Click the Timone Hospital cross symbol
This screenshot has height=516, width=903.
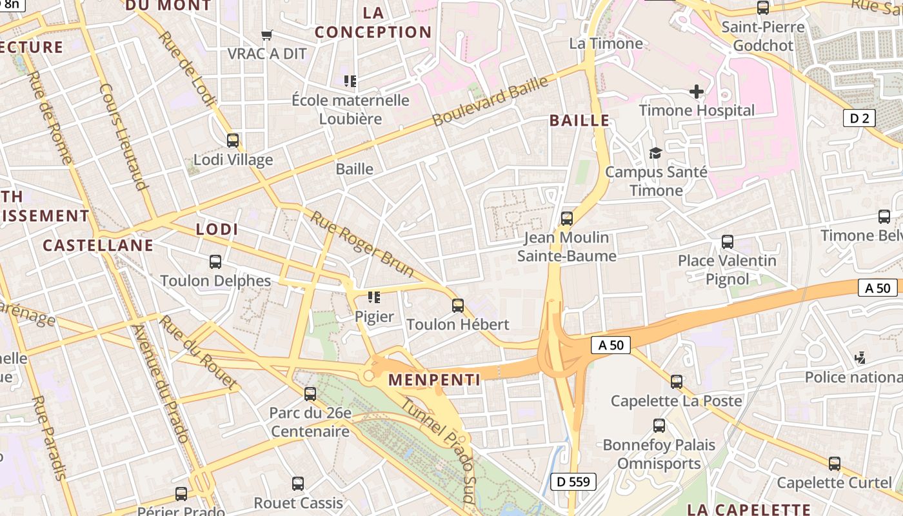click(x=697, y=92)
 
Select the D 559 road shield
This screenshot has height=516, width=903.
click(x=573, y=481)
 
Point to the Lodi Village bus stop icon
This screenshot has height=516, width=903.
click(x=233, y=140)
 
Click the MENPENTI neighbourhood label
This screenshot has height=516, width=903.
click(x=435, y=380)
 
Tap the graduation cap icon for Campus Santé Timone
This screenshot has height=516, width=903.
click(x=656, y=153)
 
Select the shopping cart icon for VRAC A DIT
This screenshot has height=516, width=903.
click(x=266, y=35)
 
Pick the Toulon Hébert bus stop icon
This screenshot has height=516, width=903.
click(x=458, y=305)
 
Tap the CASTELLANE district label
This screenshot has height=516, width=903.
click(x=98, y=245)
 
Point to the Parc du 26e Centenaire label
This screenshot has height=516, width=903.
click(x=310, y=422)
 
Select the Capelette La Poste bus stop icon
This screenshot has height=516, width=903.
click(x=677, y=381)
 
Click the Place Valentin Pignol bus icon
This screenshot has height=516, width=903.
click(x=728, y=242)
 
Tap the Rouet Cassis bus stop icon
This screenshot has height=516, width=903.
click(x=298, y=483)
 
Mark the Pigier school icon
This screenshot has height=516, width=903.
click(x=374, y=297)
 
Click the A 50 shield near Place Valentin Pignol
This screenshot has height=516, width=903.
click(x=877, y=288)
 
